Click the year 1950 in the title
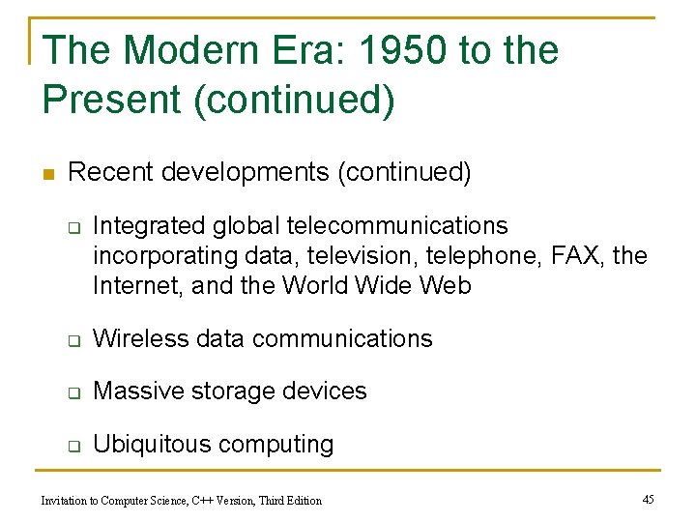point(390,50)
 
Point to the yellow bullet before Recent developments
point(47,174)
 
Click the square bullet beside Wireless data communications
point(72,340)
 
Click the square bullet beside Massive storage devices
point(72,392)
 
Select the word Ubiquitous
point(153,444)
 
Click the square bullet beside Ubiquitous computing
point(72,446)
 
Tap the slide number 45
point(648,499)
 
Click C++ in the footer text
point(207,500)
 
